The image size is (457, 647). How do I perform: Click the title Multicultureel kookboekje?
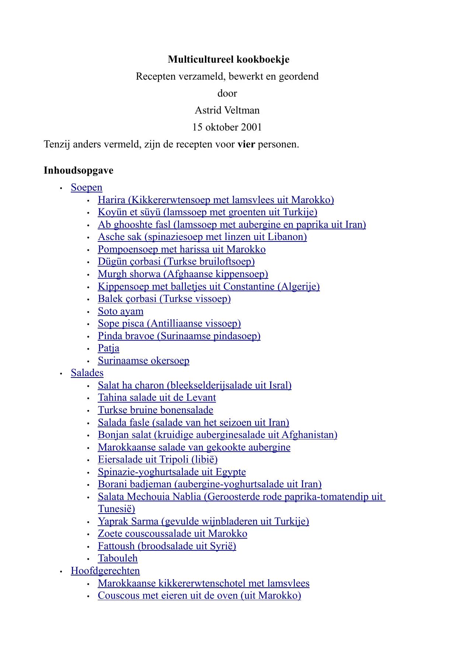click(x=228, y=59)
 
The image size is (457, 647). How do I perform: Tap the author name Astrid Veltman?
click(x=227, y=110)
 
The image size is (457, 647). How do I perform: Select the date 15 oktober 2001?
click(x=227, y=127)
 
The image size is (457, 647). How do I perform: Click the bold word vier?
click(x=246, y=144)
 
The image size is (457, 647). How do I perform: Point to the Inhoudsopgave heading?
click(x=79, y=170)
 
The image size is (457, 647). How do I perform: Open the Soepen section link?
click(x=87, y=187)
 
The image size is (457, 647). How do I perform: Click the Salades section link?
click(x=87, y=373)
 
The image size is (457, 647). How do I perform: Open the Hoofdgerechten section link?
click(x=105, y=571)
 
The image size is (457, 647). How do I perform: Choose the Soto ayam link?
click(x=121, y=311)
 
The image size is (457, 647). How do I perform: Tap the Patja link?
click(x=108, y=348)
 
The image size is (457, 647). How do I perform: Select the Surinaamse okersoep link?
click(x=143, y=361)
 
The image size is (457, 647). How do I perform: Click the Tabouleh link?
click(x=118, y=558)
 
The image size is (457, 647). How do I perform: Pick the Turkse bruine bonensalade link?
click(x=156, y=410)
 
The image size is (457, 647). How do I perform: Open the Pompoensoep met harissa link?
click(x=182, y=249)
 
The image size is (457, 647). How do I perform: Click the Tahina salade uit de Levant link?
click(x=157, y=397)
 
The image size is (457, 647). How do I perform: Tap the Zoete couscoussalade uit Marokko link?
click(x=172, y=533)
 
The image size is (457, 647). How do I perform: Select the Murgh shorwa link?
click(x=183, y=274)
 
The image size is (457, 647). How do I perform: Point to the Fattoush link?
click(x=167, y=546)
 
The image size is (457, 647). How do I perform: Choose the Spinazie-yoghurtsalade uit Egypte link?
click(x=172, y=472)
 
